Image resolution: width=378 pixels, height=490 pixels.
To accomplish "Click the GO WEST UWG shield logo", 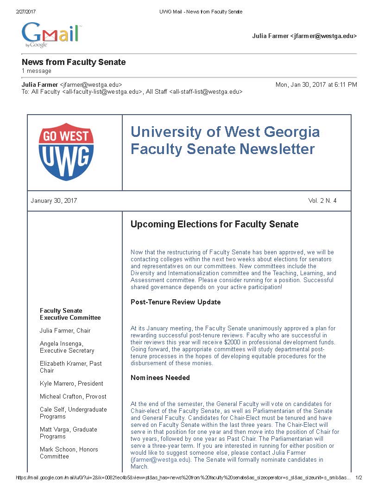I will pos(66,152).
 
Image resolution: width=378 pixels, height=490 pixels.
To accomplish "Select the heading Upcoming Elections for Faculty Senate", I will pos(214,225).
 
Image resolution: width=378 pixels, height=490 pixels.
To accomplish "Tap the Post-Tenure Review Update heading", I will pos(176,302).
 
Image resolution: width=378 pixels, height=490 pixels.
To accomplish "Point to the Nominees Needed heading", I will pos(160,378).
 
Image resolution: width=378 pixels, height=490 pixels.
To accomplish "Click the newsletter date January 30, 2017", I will pos(54,201).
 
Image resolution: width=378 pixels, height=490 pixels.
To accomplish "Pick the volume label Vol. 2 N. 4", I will pos(322,201).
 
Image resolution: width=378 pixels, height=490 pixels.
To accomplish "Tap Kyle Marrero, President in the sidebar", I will pos(71,384).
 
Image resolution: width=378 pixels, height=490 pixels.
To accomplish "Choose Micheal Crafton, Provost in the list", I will pos(73,397).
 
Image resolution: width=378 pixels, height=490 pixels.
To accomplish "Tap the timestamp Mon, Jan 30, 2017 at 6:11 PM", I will pos(316,85).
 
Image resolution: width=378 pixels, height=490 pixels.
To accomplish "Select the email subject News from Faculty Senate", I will pos(74,62).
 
